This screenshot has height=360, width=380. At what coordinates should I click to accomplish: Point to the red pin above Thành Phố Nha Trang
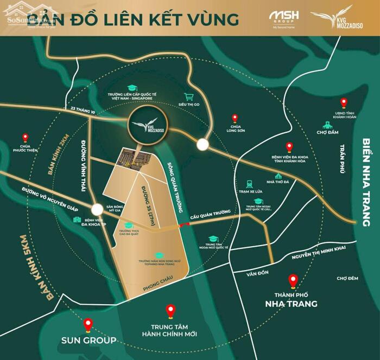294,281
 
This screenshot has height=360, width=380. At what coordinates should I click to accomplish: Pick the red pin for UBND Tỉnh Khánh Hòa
343,102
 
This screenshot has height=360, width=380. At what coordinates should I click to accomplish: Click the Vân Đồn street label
256,273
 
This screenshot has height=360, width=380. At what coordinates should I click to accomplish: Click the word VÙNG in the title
213,19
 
